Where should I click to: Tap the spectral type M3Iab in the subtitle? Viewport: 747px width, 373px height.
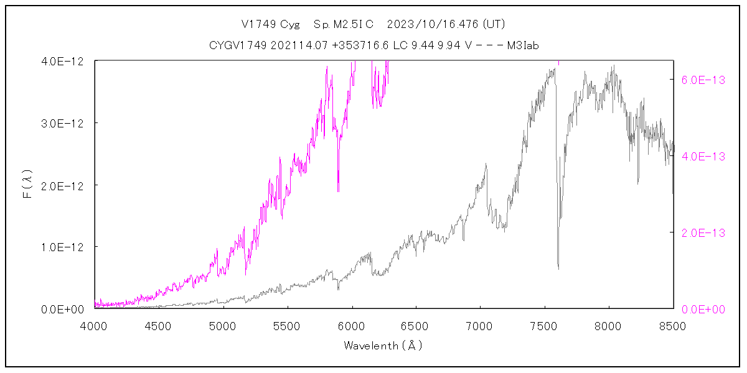523,45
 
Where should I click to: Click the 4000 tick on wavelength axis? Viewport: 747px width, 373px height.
95,325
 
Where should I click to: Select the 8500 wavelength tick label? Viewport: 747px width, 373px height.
674,325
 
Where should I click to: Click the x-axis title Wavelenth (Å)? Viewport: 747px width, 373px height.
383,346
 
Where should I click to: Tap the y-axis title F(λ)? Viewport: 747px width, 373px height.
27,185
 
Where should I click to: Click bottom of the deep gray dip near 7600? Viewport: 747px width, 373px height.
558,269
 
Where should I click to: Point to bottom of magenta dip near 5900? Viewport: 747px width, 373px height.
338,191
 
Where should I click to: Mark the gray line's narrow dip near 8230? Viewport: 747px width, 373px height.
638,183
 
